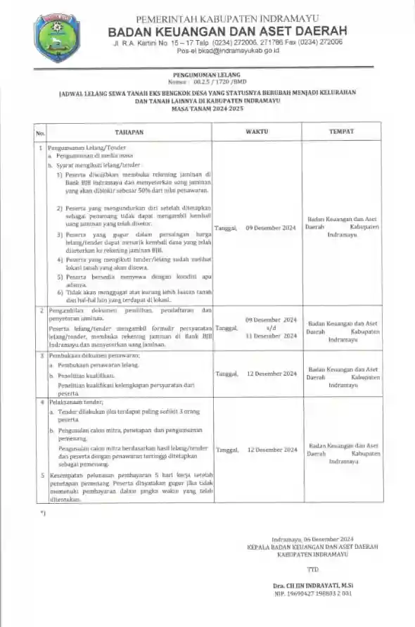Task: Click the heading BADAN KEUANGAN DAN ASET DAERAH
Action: (x=228, y=31)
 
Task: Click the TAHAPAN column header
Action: (x=129, y=132)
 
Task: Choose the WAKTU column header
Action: (x=257, y=132)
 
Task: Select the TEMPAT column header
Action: (x=342, y=132)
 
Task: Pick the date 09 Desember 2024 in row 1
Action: (x=271, y=229)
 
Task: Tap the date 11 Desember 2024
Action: (x=271, y=336)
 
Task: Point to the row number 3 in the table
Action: (x=41, y=355)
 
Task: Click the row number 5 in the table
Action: (x=41, y=475)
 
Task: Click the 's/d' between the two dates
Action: (x=271, y=328)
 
